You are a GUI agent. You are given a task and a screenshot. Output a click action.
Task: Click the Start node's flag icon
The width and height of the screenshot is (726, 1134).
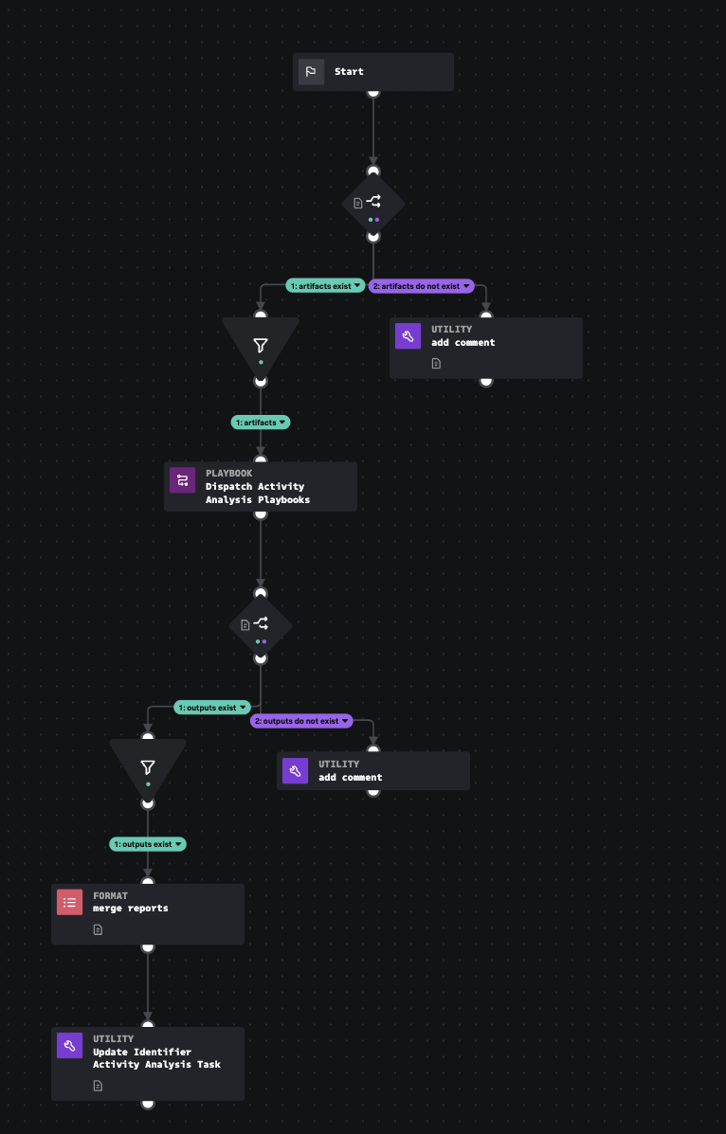point(311,72)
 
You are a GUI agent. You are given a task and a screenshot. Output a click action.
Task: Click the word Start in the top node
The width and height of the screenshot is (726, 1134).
point(349,72)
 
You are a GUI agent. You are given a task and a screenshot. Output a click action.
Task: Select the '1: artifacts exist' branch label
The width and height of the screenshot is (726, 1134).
point(326,286)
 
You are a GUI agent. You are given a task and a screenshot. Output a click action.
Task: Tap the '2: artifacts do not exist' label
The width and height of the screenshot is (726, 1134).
point(420,286)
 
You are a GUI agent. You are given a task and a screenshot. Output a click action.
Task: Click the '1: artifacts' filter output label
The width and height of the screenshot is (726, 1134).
point(261,423)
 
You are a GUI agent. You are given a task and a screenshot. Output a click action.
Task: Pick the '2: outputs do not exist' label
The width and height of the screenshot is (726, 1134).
point(301,721)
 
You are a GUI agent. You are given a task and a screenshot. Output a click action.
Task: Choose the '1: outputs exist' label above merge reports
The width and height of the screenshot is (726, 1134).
point(148,843)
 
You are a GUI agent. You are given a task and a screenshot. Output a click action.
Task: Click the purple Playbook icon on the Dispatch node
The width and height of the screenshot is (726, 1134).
point(182,480)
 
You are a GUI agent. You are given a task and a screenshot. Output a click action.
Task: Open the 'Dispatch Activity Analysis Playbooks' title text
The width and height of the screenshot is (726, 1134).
point(257,493)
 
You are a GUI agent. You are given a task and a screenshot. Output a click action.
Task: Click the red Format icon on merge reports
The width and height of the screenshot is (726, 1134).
point(69,903)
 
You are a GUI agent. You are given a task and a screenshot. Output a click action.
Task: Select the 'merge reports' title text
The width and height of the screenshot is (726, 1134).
point(131,909)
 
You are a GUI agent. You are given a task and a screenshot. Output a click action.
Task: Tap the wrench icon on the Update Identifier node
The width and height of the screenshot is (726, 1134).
point(69,1046)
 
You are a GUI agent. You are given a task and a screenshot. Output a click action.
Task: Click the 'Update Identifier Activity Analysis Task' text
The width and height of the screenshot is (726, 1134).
point(156,1058)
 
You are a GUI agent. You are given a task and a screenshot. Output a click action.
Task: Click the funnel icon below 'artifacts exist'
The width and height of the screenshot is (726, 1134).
point(261,346)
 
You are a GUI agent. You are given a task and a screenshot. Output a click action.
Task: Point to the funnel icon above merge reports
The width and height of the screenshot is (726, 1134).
point(148,767)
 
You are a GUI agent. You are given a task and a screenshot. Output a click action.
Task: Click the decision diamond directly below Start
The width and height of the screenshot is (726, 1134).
point(373,203)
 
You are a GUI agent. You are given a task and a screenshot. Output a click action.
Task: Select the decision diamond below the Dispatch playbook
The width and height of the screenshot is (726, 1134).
point(261,625)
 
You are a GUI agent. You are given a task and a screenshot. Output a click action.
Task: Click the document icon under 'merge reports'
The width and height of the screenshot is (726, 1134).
point(98,929)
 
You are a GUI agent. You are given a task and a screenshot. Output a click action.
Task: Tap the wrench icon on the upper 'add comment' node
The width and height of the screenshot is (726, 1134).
point(408,336)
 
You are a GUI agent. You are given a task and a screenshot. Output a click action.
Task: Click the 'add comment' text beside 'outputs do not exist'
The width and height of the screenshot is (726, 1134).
point(351,778)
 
